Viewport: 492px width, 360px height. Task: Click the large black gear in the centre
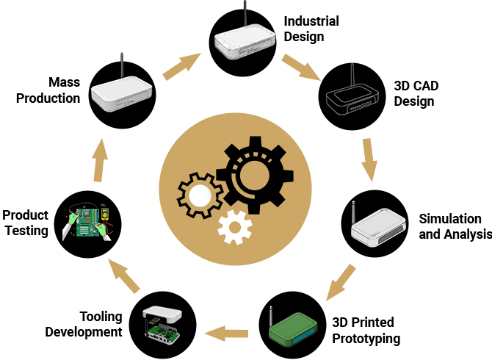point(253,175)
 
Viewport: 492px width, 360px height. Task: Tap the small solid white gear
point(235,228)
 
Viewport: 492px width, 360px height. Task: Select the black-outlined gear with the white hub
point(198,195)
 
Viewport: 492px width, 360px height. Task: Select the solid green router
point(293,328)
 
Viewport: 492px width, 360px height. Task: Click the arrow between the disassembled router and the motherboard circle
point(121,276)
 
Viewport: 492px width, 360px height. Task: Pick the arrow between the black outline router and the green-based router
point(372,158)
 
